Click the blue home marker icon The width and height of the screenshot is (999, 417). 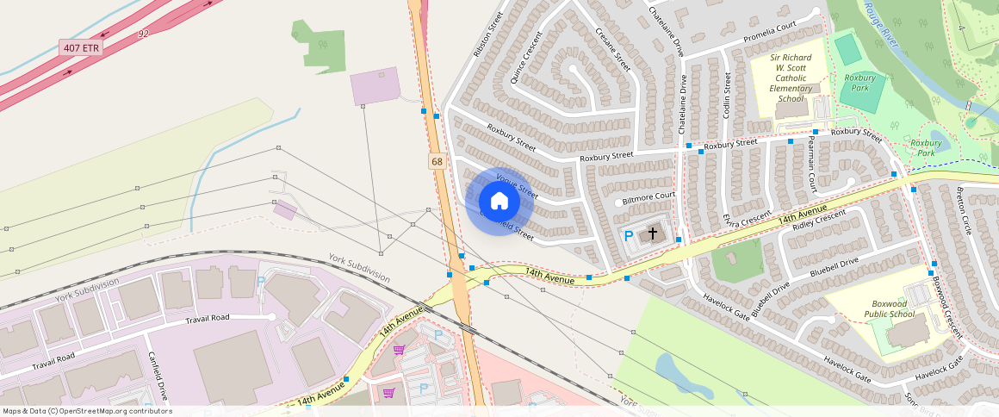point(499,202)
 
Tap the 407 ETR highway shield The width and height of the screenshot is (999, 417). point(81,48)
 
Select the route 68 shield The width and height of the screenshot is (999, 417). point(437,162)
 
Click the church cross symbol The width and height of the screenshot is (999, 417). point(653,233)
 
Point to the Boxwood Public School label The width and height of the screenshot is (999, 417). point(891,308)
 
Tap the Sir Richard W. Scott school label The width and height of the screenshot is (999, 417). point(791,78)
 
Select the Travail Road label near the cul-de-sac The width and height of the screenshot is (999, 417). point(208,319)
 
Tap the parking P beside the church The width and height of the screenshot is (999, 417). point(629,235)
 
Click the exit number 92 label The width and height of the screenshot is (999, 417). point(143,34)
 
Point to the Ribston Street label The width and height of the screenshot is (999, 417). point(487,34)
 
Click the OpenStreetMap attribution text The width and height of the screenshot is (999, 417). point(87,411)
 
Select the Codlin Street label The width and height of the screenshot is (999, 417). point(727,95)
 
